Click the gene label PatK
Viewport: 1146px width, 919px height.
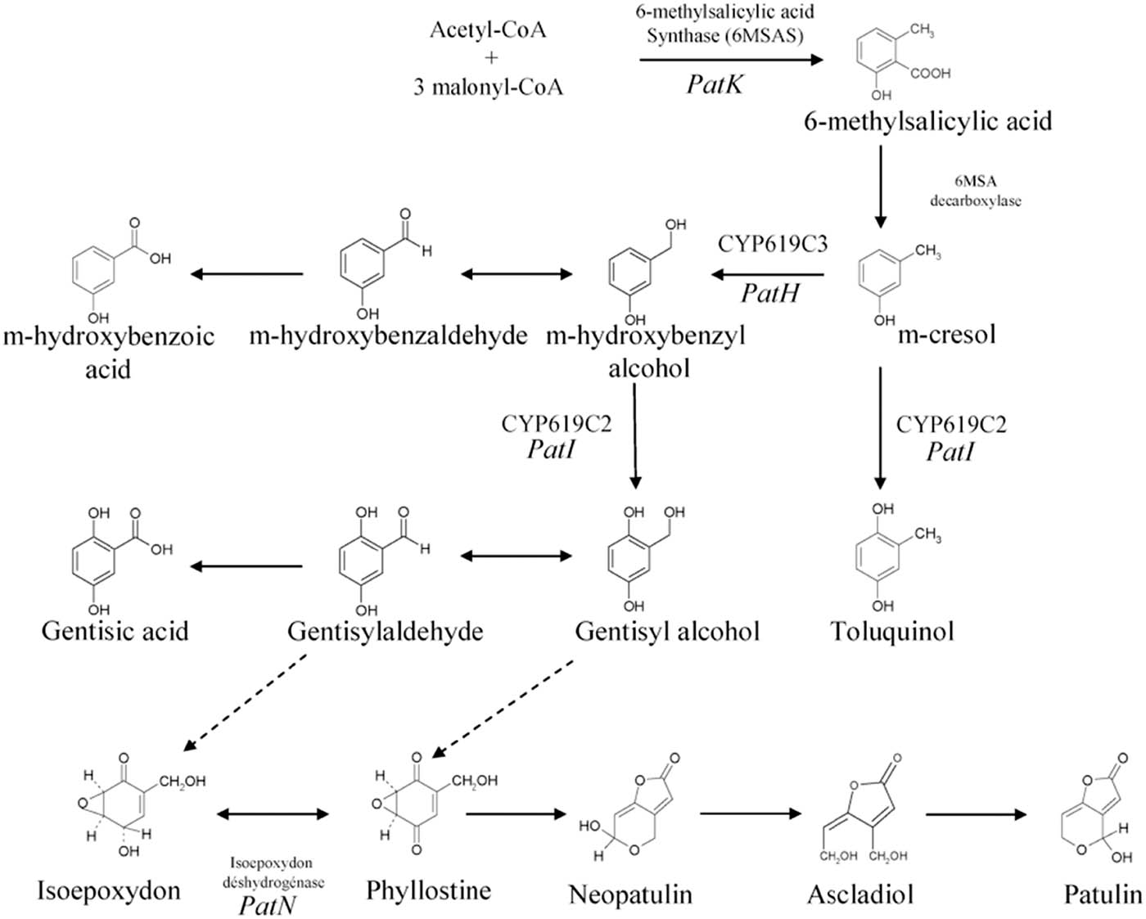click(x=714, y=83)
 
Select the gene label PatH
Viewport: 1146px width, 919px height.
click(x=769, y=293)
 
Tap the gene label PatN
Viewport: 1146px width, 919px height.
click(x=268, y=905)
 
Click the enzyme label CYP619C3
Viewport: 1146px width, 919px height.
click(x=772, y=244)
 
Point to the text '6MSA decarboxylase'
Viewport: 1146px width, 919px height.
click(x=975, y=191)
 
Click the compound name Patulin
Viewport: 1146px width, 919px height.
click(x=1102, y=894)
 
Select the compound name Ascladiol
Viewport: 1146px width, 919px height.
click(x=859, y=894)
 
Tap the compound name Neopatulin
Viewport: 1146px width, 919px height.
click(x=630, y=894)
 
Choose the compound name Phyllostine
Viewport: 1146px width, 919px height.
click(x=428, y=890)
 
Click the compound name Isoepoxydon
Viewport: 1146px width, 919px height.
click(x=109, y=890)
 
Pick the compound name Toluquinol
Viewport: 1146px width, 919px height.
click(x=892, y=631)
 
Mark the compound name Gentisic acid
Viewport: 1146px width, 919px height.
click(x=115, y=631)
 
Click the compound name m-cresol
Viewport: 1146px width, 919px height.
click(x=946, y=334)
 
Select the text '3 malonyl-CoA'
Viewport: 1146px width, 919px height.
click(x=488, y=87)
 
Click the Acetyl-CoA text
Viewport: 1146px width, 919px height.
click(x=488, y=30)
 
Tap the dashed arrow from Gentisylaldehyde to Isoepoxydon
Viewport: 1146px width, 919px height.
click(x=246, y=701)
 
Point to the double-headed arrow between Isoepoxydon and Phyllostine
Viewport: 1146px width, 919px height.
click(x=273, y=813)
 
